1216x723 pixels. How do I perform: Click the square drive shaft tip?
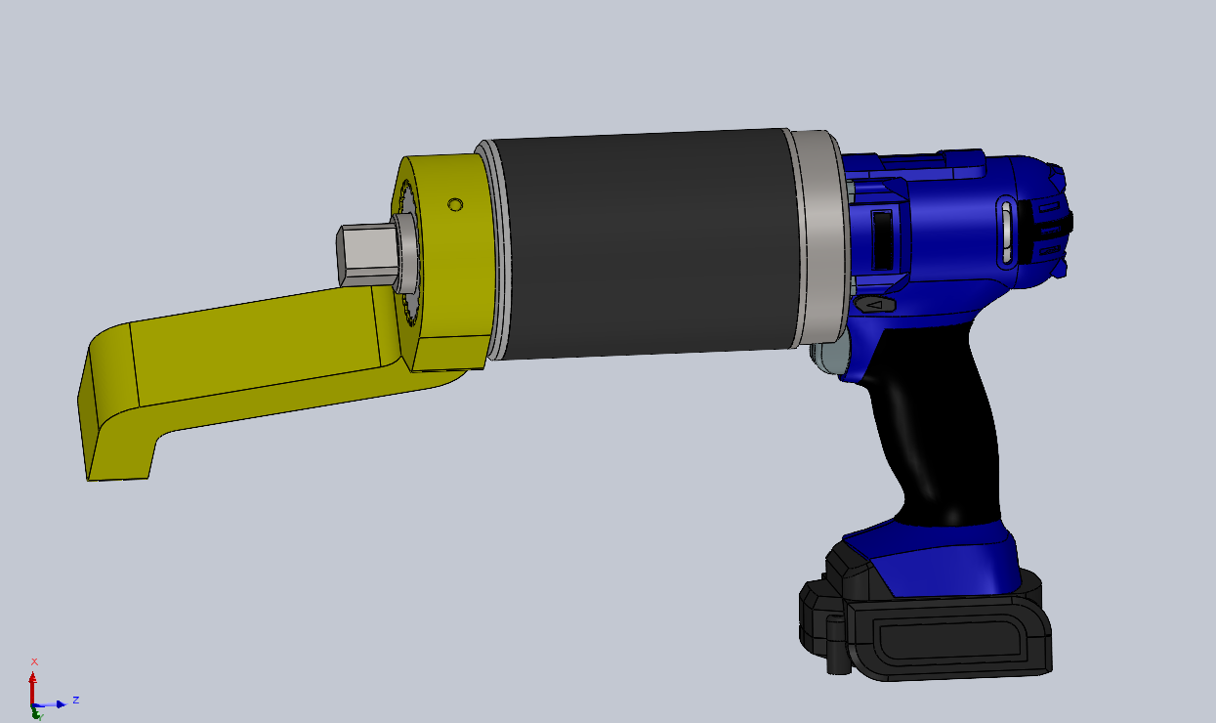tap(367, 256)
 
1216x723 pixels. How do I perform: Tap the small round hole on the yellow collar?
tap(455, 205)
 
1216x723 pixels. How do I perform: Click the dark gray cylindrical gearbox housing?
tap(646, 244)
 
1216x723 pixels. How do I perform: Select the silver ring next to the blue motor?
tap(819, 239)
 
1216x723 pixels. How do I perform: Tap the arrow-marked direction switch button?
tap(874, 304)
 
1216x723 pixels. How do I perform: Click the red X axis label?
tap(34, 661)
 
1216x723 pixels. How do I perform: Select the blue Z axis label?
tap(76, 700)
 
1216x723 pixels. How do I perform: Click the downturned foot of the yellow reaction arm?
tap(116, 429)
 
